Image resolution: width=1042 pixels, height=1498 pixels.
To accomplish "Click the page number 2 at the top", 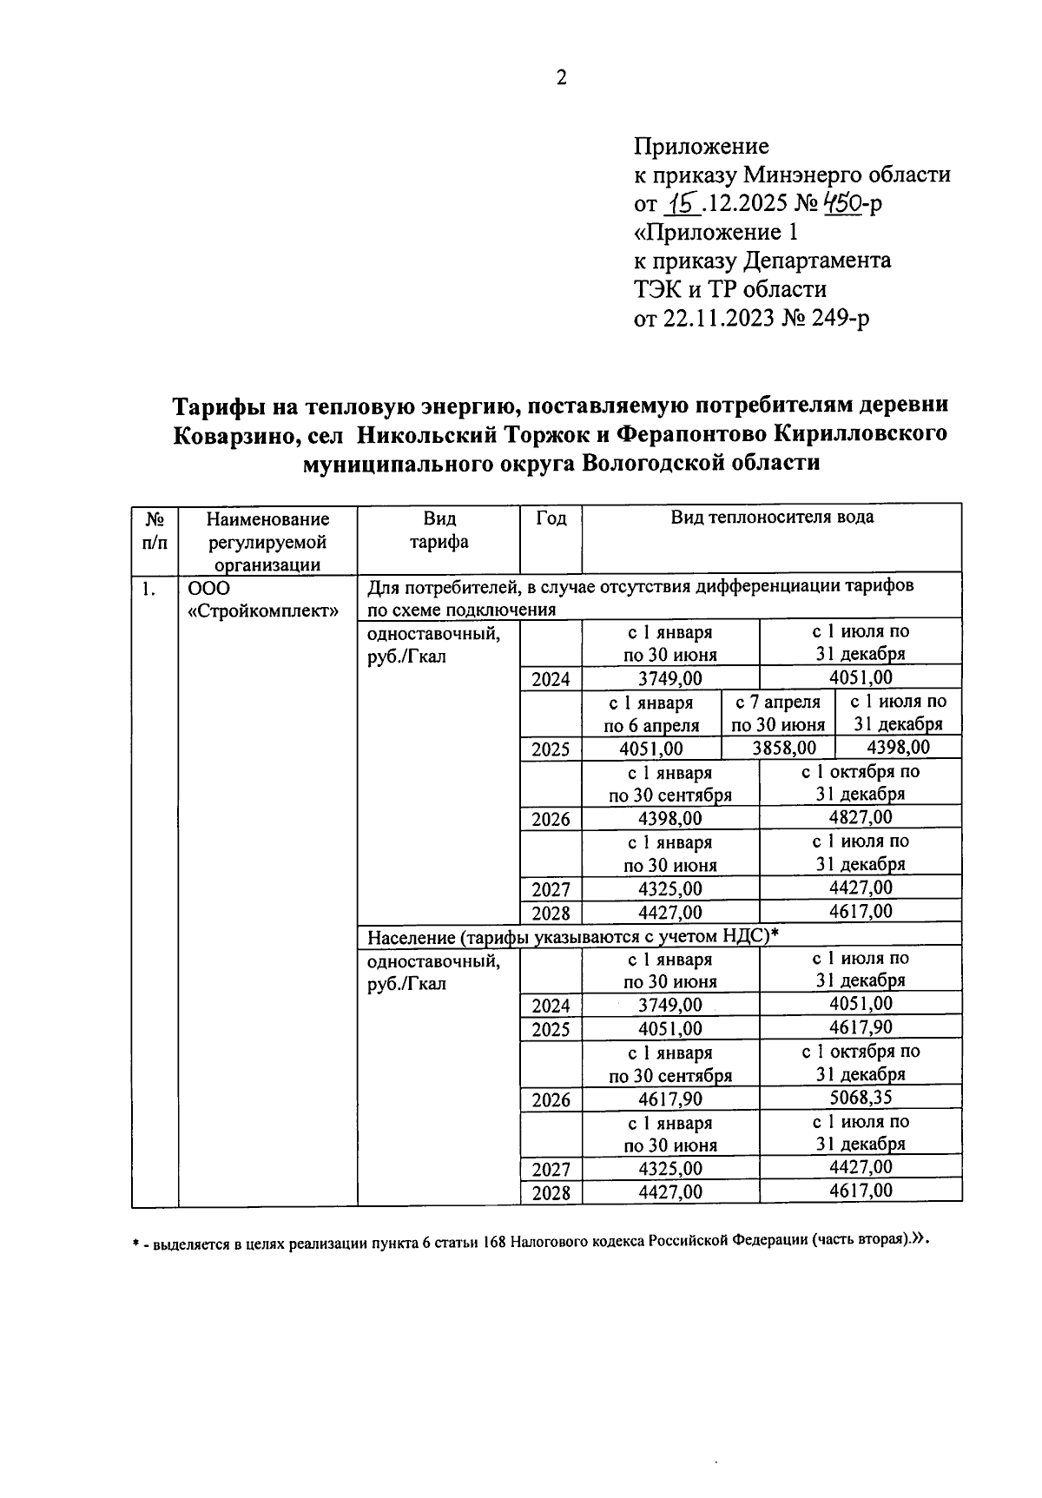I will click(x=561, y=78).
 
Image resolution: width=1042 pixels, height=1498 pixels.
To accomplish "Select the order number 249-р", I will click(x=841, y=319).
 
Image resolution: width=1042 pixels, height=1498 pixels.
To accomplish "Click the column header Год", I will click(x=551, y=518).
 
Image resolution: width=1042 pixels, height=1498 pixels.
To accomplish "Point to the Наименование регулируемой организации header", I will click(x=267, y=541).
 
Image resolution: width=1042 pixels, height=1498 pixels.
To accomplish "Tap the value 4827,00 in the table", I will click(x=861, y=817).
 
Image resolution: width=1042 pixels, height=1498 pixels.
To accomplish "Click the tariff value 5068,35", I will click(x=861, y=1098).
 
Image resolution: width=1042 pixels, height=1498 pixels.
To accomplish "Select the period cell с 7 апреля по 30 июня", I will click(x=778, y=713).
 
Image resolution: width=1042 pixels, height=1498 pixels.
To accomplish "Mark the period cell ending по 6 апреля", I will click(x=650, y=713).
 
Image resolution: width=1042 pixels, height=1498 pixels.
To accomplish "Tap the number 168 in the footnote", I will click(x=495, y=1243).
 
